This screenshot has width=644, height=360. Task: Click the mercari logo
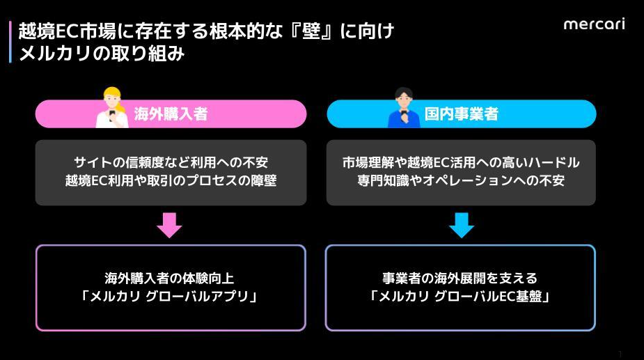click(593, 24)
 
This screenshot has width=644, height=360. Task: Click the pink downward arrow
click(168, 225)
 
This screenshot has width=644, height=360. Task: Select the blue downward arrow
click(461, 225)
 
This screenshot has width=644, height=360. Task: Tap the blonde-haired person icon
click(111, 109)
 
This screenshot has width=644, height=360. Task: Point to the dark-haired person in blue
click(404, 109)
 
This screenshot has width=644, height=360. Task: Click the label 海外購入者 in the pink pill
click(171, 114)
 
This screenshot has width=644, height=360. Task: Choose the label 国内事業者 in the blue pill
click(461, 114)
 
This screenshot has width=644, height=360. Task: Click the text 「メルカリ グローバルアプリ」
click(170, 297)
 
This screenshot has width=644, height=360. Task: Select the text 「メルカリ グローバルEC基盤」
click(460, 297)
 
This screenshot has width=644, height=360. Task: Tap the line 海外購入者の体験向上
click(170, 278)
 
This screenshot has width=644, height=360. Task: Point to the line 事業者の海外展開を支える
click(460, 278)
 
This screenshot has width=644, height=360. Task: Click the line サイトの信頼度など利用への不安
click(171, 163)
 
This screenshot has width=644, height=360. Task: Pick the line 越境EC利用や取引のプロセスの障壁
click(171, 181)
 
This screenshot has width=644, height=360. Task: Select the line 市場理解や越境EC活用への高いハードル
click(461, 163)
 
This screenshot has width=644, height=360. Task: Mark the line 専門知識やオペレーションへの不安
click(461, 181)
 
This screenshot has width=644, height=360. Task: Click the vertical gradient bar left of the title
click(10, 42)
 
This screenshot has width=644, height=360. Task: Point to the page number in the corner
click(620, 354)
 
